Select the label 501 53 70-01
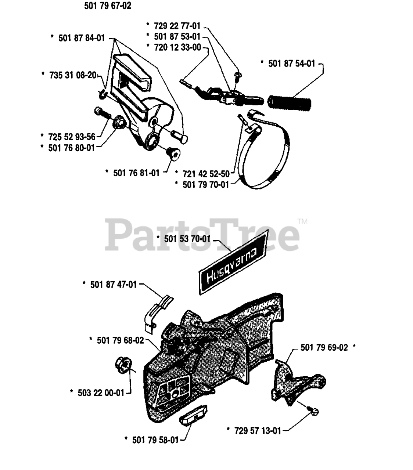tap(187, 239)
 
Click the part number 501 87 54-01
tap(292, 64)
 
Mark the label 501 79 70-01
tap(206, 184)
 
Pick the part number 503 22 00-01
tap(101, 393)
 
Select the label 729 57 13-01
tap(258, 430)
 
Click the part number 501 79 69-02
tap(324, 347)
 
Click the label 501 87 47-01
tap(113, 285)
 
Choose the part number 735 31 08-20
tap(73, 75)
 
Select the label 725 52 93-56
tap(72, 137)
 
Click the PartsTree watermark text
tap(202, 235)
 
